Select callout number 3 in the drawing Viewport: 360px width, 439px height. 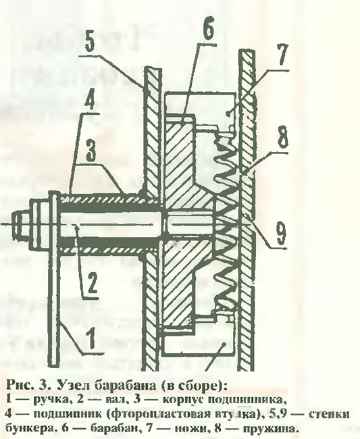pos(91,151)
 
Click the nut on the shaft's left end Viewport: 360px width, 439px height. pos(24,224)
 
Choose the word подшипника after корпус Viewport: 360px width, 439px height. pos(237,399)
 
